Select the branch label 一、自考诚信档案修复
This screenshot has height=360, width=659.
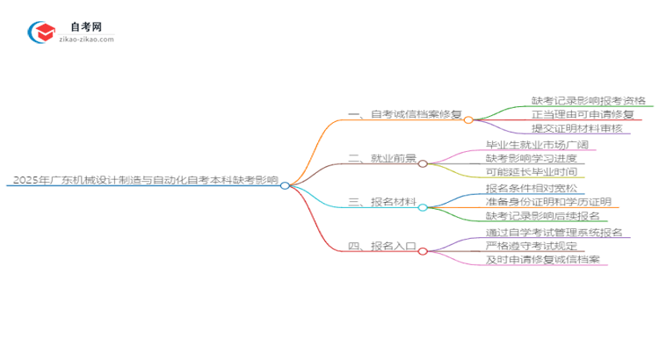tap(405, 115)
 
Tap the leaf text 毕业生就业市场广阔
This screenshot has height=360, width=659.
tap(537, 145)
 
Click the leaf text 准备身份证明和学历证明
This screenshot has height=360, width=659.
tap(549, 202)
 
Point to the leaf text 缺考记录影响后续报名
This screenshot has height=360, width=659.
tap(543, 216)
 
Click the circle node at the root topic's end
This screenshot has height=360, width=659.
tap(285, 185)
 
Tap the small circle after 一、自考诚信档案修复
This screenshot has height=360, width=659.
tap(468, 119)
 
